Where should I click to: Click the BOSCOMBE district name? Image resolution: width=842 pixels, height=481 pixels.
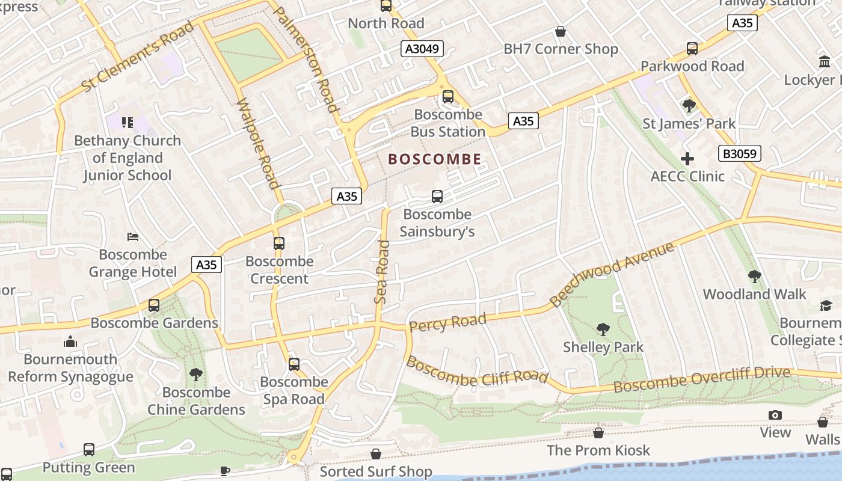pyautogui.click(x=435, y=159)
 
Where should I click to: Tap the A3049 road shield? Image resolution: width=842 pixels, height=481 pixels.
pyautogui.click(x=422, y=49)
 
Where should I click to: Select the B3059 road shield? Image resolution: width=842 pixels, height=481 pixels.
pyautogui.click(x=739, y=154)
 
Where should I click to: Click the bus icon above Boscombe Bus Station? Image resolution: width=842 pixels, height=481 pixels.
pyautogui.click(x=447, y=97)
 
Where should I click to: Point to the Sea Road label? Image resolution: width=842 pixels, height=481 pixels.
pyautogui.click(x=382, y=272)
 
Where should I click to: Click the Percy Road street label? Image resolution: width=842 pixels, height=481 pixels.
pyautogui.click(x=447, y=322)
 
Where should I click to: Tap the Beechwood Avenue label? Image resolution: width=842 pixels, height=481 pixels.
pyautogui.click(x=612, y=274)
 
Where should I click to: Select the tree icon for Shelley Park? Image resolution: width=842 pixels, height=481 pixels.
pyautogui.click(x=603, y=329)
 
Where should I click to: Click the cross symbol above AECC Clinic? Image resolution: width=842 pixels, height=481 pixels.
pyautogui.click(x=687, y=159)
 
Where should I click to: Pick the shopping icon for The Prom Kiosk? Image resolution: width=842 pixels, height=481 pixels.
pyautogui.click(x=598, y=433)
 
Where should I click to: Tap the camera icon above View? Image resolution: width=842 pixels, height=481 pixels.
pyautogui.click(x=775, y=415)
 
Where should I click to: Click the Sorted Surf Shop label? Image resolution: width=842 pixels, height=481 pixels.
pyautogui.click(x=376, y=471)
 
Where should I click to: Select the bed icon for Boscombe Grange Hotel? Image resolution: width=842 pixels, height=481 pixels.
pyautogui.click(x=133, y=237)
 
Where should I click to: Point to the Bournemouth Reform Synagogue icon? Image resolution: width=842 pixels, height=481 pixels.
pyautogui.click(x=70, y=342)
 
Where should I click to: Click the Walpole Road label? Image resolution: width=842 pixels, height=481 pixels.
pyautogui.click(x=259, y=144)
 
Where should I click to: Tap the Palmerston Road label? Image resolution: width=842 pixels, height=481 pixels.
pyautogui.click(x=306, y=60)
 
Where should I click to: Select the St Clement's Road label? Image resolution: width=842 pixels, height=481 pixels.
pyautogui.click(x=138, y=57)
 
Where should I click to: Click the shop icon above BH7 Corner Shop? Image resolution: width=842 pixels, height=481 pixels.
pyautogui.click(x=561, y=31)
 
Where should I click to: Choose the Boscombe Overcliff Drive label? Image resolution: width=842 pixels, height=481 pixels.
pyautogui.click(x=701, y=380)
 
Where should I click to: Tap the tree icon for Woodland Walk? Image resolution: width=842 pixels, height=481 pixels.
pyautogui.click(x=754, y=277)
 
